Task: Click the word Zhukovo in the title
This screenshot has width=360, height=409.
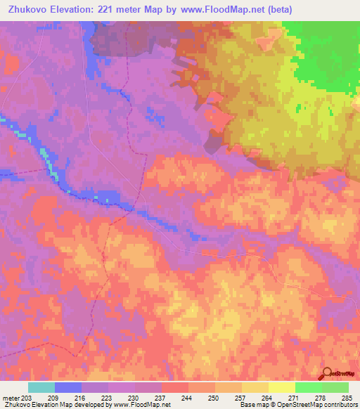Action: click(x=27, y=10)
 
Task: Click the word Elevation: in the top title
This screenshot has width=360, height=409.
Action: click(x=74, y=10)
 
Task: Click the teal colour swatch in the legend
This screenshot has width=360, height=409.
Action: click(x=41, y=387)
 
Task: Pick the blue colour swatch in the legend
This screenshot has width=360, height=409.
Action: click(x=68, y=387)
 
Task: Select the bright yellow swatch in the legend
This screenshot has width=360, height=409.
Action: click(x=282, y=387)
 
